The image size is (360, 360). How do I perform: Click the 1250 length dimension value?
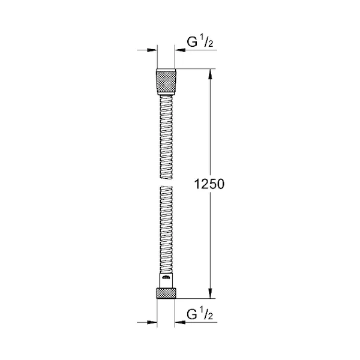[209, 184]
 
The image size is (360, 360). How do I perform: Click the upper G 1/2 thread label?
[200, 42]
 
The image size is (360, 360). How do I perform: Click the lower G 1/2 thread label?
[200, 314]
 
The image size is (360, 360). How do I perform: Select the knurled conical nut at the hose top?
[166, 82]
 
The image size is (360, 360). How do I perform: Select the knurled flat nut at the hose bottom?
[166, 293]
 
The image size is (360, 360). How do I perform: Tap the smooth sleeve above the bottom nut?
[166, 281]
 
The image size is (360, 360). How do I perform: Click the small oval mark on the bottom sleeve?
[166, 278]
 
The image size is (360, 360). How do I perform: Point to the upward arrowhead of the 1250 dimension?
[211, 74]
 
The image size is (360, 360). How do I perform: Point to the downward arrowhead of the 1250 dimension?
[211, 293]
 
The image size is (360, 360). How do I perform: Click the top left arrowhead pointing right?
[152, 50]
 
